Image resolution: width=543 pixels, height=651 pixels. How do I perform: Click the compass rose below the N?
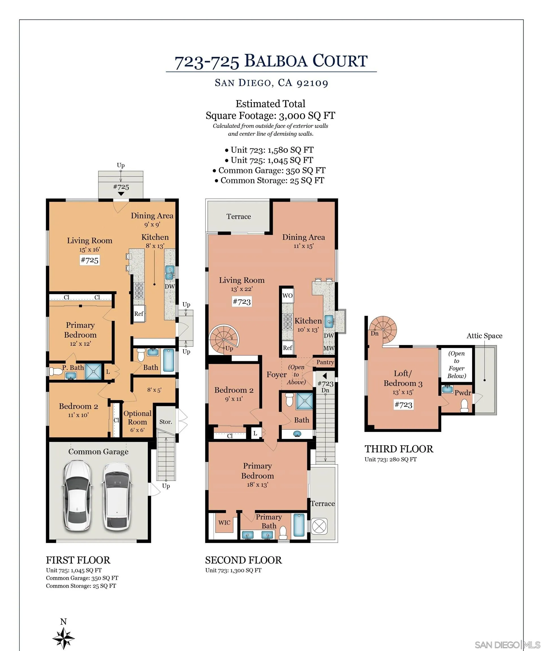(63, 638)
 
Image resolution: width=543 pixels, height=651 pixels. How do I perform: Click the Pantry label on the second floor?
(325, 362)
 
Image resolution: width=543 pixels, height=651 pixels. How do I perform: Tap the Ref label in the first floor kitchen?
(139, 314)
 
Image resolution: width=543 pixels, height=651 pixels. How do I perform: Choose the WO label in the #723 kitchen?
(287, 296)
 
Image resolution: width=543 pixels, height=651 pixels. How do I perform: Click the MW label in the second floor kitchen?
(329, 348)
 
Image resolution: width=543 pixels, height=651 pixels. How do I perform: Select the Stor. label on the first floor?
(166, 422)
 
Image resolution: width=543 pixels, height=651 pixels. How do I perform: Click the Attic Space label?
(484, 336)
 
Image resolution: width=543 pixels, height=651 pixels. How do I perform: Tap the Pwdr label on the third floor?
(463, 393)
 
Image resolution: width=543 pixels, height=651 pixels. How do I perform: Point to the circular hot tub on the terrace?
(319, 526)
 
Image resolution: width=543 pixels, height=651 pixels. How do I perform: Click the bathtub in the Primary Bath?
(299, 526)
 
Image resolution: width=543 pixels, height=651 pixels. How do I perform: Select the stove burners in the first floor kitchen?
(139, 290)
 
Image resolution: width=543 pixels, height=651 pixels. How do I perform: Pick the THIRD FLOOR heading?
(399, 449)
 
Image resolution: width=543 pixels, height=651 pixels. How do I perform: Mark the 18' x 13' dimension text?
(258, 485)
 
